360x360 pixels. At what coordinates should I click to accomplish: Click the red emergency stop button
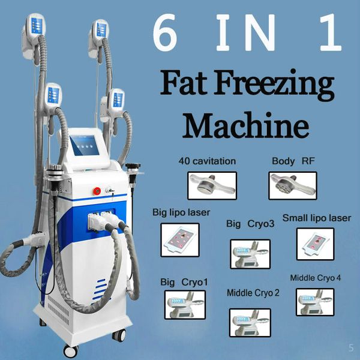click(97, 191)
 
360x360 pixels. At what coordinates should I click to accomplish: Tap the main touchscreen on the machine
click(85, 146)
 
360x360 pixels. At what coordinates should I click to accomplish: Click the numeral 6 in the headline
click(165, 32)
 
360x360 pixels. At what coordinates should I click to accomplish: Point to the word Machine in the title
click(245, 125)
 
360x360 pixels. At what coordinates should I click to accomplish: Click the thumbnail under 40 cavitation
click(212, 185)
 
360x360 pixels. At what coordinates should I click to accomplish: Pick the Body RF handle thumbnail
click(293, 185)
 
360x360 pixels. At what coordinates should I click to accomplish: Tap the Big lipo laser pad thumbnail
click(180, 239)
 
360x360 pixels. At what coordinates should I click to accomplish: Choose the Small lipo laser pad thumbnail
click(315, 244)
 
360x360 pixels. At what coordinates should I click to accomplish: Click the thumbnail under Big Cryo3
click(250, 254)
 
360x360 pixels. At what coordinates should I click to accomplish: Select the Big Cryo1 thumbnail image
click(185, 305)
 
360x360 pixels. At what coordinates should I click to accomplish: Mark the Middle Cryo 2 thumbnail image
click(250, 323)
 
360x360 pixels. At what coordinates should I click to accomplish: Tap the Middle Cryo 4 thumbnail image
click(315, 302)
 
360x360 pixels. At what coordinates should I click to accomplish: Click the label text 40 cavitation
click(207, 161)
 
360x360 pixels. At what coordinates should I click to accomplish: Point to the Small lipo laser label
click(317, 218)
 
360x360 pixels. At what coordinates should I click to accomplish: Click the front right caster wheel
click(119, 335)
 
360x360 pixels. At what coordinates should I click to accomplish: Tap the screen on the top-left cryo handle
click(37, 26)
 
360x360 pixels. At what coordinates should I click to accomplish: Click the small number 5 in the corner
click(351, 347)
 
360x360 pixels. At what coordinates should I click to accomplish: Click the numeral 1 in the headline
click(331, 32)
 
